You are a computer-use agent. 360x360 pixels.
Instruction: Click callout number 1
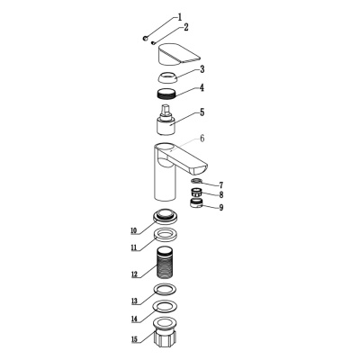tap(180, 17)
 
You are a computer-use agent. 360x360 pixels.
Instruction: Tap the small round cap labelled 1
tap(145, 38)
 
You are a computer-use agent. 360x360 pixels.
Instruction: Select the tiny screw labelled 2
tap(153, 42)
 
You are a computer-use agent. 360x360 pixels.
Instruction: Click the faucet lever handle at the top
tap(179, 55)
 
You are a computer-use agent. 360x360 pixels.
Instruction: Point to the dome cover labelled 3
tap(167, 77)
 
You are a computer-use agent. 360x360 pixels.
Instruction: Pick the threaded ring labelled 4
tap(167, 93)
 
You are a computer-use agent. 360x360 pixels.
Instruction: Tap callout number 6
tap(202, 139)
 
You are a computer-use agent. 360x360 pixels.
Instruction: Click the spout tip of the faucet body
tap(200, 169)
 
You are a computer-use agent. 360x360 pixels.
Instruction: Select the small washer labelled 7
tap(196, 180)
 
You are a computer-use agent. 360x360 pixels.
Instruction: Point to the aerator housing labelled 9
tap(196, 203)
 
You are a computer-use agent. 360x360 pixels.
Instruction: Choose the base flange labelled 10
tap(165, 216)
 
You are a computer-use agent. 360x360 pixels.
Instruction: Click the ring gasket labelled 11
tap(165, 234)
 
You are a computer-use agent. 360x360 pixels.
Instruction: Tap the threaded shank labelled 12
tap(165, 262)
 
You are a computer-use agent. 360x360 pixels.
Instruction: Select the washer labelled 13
tap(165, 289)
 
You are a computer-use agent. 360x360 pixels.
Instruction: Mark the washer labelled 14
tap(165, 306)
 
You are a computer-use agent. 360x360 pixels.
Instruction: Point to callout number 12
tap(134, 274)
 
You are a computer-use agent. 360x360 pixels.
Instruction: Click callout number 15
tap(134, 339)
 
